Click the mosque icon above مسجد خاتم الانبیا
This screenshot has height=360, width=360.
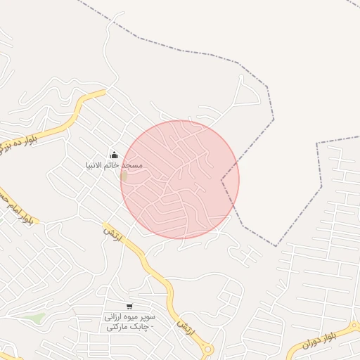(114, 155)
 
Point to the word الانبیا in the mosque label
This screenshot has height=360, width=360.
(94, 165)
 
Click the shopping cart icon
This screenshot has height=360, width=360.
(129, 306)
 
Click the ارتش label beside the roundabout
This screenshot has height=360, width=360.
(185, 328)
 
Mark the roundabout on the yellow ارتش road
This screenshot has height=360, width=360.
(207, 349)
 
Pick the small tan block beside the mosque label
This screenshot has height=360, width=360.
(124, 175)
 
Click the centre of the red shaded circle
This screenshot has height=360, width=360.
(180, 180)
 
